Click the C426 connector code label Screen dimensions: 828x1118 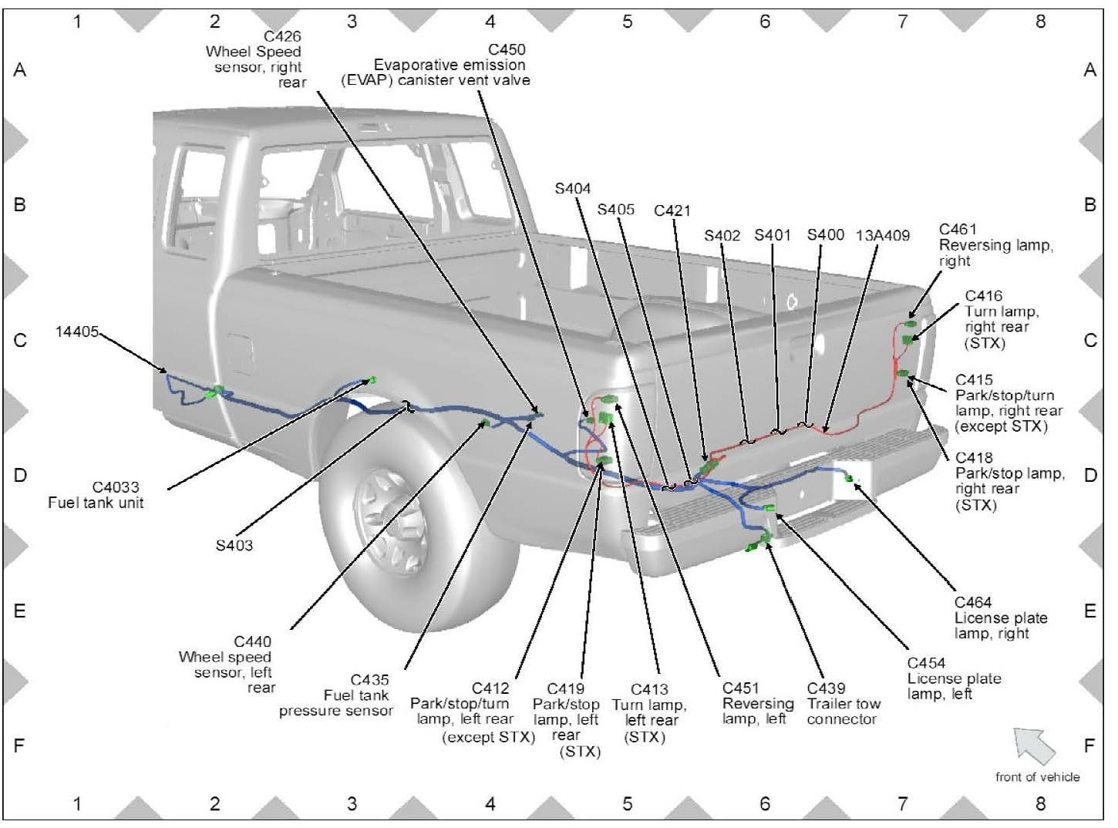282,36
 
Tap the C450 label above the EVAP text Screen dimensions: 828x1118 507,50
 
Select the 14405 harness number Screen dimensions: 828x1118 77,332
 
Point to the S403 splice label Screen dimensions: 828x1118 234,546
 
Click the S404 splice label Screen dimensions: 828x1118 573,189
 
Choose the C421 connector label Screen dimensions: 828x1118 672,211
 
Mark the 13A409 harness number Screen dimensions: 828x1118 883,235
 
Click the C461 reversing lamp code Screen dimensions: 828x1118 958,230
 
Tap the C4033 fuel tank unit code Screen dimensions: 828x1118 116,487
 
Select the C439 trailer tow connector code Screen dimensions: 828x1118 826,688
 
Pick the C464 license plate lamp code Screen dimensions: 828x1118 973,603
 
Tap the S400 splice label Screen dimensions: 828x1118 825,234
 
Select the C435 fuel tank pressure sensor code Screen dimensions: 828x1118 369,680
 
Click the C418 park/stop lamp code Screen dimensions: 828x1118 974,458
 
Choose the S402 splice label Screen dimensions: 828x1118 722,235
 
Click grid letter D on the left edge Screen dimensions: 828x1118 20,475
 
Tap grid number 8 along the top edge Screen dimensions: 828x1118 1040,22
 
